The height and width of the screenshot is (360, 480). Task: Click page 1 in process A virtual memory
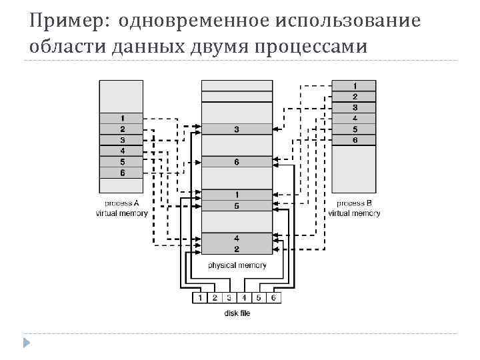[122, 119]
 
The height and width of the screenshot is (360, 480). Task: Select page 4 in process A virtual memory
[122, 151]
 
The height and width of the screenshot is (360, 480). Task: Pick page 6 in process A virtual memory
[122, 173]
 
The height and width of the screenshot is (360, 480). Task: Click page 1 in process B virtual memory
[355, 85]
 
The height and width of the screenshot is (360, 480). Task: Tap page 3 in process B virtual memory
[355, 107]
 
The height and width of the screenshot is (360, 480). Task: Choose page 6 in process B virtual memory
[355, 140]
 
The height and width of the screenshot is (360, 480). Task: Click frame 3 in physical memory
[237, 129]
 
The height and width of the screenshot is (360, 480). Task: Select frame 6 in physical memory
[237, 162]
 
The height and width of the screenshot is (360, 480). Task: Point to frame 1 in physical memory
[237, 195]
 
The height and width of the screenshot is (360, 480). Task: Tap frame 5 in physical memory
[237, 205]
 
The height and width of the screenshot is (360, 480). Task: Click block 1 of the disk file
[199, 297]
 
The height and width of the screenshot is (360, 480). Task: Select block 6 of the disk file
[273, 297]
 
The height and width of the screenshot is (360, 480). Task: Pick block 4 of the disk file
[244, 297]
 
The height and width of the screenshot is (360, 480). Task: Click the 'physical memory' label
[237, 265]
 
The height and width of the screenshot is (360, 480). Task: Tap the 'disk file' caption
[237, 313]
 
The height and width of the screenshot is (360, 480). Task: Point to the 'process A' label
[122, 203]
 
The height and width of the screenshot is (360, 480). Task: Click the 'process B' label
[355, 203]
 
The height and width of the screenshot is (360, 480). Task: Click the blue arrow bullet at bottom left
[26, 343]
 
